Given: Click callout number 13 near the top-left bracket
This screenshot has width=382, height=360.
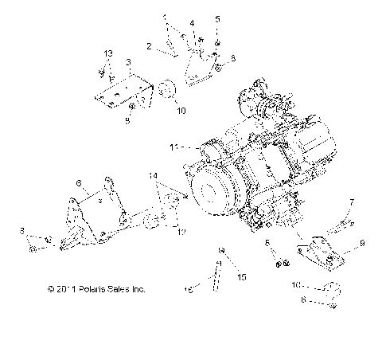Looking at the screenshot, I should [108, 53].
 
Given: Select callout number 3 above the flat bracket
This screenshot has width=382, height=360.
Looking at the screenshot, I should [128, 61].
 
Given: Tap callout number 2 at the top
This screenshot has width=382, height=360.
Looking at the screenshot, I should [149, 46].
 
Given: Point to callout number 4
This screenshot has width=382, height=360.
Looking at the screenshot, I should [191, 22].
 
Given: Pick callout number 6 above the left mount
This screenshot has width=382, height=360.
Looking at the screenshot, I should [77, 183].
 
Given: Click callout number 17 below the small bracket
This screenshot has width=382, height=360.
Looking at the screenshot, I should [181, 232].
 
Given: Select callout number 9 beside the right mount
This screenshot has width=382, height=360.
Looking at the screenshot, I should [361, 243].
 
